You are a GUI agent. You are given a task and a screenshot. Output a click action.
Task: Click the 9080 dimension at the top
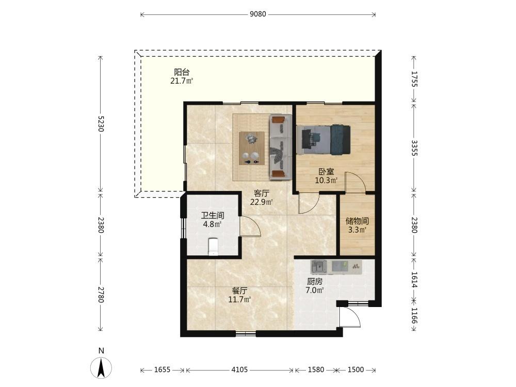coord(257,14)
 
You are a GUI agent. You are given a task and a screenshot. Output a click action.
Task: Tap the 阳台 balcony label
coord(182,72)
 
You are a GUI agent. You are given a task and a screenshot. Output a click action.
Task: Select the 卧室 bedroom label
coord(326,172)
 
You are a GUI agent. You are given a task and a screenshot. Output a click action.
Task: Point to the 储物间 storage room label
coord(357,221)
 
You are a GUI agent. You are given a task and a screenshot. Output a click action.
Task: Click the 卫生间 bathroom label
coord(213,216)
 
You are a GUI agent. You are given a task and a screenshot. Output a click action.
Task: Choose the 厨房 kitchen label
coord(315,282)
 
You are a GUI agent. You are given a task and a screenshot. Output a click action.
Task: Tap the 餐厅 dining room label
coord(239,291)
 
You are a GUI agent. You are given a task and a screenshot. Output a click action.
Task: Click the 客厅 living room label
coord(262,193)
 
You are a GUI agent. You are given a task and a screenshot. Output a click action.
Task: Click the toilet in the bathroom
coord(213,247)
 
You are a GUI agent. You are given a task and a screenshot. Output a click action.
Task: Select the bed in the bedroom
coord(323,139)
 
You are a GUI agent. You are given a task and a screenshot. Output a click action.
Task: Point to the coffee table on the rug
coord(252,148)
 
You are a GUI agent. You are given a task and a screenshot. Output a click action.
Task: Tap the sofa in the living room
coord(280,147)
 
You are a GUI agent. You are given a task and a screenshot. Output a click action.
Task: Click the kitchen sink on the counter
coord(319,267)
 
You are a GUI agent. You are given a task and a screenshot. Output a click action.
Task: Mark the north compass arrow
coord(101,367)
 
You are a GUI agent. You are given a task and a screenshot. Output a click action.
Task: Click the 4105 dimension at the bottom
coord(239,370)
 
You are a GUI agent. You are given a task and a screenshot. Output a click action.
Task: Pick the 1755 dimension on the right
coord(414,79)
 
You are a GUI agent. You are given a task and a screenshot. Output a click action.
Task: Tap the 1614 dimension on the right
coord(414,280)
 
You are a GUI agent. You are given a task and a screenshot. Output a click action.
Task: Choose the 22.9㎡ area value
coord(261,202)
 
